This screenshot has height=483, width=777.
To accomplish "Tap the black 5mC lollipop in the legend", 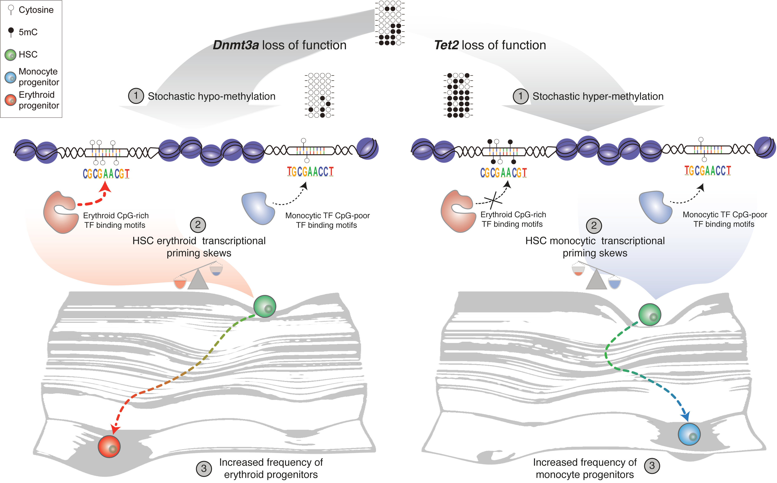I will [x=11, y=31].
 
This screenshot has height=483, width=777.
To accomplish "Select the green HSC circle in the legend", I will [x=10, y=55].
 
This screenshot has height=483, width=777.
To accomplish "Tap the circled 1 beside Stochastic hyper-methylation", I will [x=521, y=96].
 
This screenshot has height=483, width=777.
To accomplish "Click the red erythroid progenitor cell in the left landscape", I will [x=109, y=446].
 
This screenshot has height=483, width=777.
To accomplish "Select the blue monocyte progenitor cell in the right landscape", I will [x=689, y=434].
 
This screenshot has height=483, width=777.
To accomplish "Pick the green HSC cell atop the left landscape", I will [x=265, y=306].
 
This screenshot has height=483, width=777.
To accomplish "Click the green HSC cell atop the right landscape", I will [x=650, y=315].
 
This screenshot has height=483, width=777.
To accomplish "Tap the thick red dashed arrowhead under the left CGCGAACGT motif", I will [x=105, y=187].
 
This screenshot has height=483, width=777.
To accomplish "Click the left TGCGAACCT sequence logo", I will [x=310, y=172].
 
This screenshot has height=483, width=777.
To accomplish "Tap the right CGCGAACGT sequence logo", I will [x=503, y=173].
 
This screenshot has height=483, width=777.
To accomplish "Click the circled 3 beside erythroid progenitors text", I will [x=204, y=469].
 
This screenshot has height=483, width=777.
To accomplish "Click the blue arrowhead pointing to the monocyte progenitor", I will [x=686, y=416].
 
